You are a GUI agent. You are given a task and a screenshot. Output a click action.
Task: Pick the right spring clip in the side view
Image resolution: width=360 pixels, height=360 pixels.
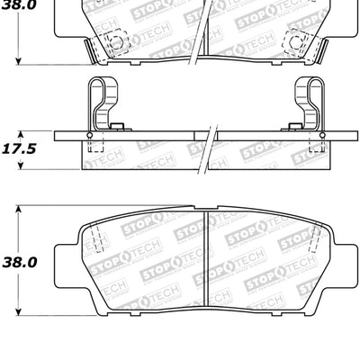pos(309,103)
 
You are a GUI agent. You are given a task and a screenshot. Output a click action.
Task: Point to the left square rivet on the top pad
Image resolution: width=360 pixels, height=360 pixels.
pos(112,41)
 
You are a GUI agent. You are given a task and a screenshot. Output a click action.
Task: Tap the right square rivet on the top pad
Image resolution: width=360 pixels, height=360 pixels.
pos(297,41)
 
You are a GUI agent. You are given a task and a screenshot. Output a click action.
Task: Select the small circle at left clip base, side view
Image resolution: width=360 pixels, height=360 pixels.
pos(89,135)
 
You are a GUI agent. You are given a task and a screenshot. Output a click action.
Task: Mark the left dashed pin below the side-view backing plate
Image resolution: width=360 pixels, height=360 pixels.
pos(96,148)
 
